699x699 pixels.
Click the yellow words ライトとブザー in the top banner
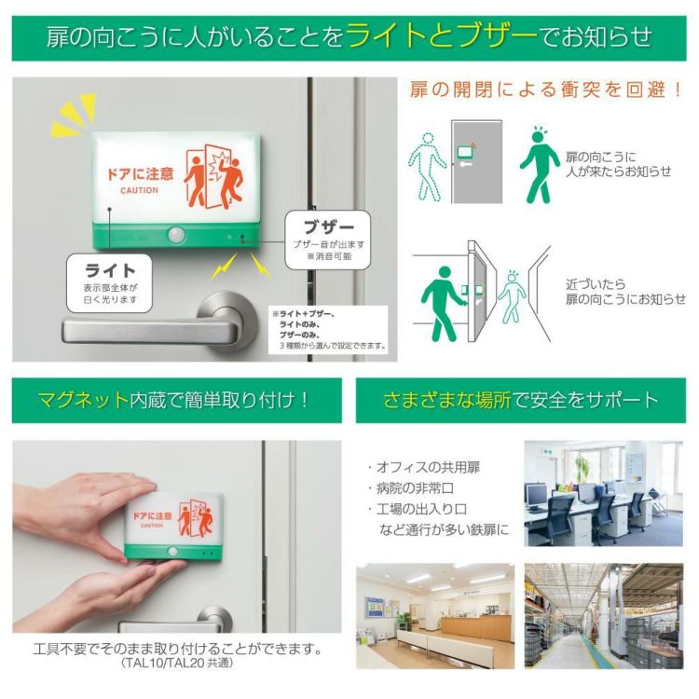pos(441,36)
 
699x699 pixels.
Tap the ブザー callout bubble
pos(328,240)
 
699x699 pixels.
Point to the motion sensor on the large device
pos(174,236)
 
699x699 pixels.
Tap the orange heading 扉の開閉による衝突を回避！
pos(546,90)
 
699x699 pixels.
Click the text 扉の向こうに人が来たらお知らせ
pos(618,164)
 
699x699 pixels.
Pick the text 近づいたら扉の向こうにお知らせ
pos(625,291)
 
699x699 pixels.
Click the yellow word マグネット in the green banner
pos(82,401)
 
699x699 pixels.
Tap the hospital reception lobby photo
pos(434,615)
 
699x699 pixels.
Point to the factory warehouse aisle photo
pos(604,615)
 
